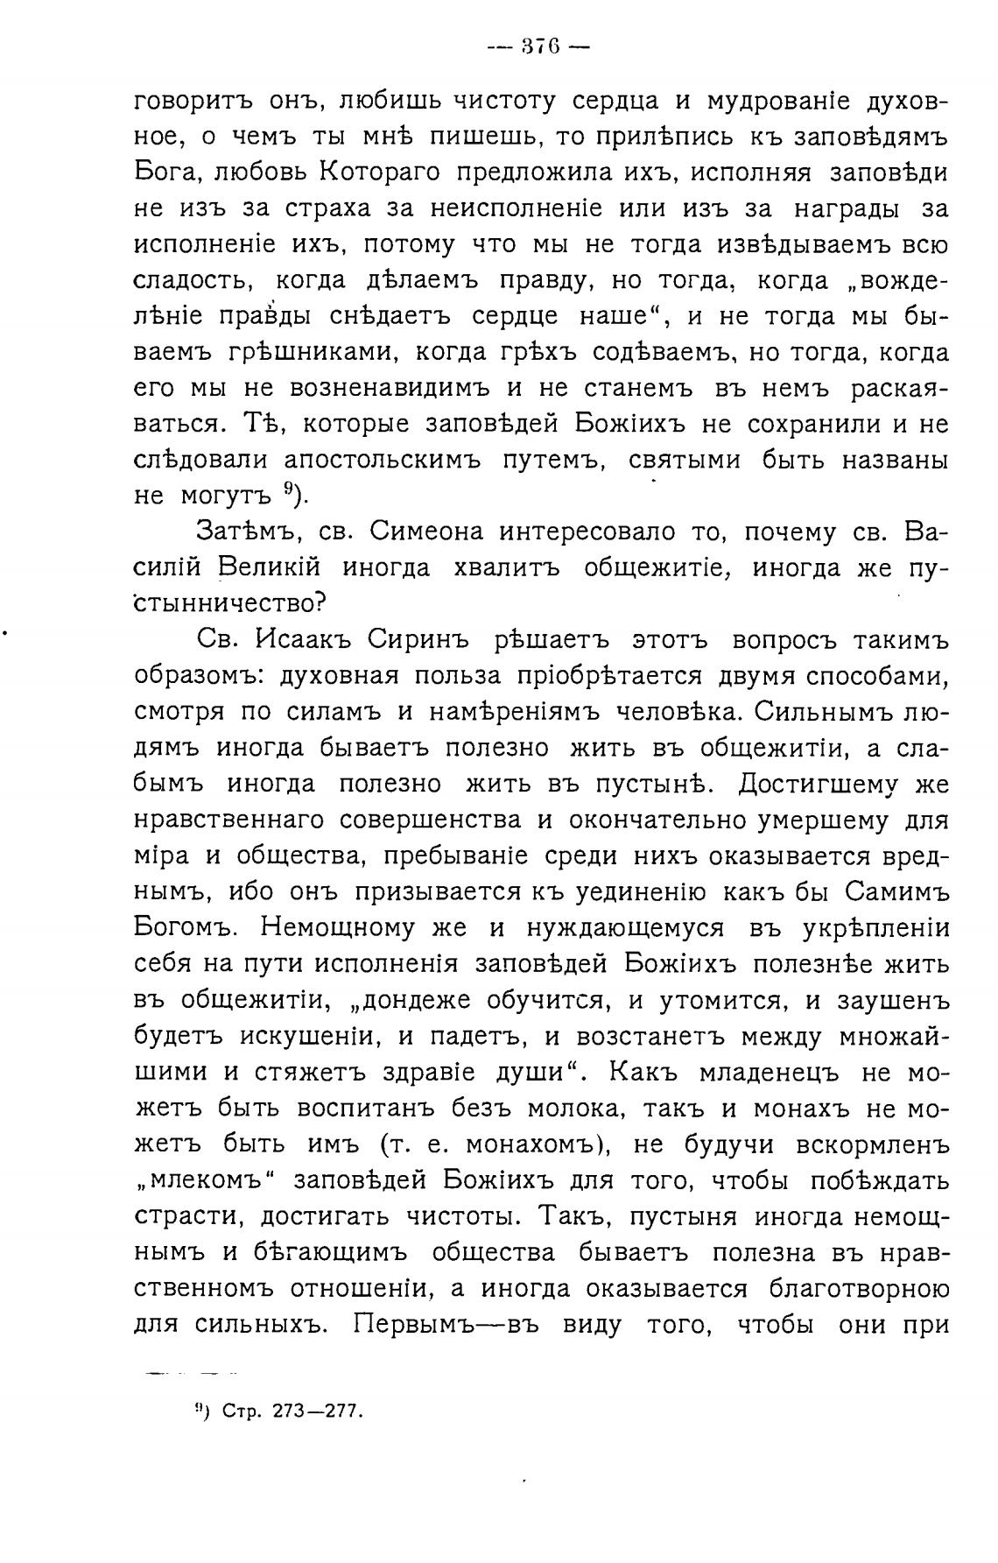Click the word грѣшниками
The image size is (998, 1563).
[x=303, y=352]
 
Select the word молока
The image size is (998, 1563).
[x=582, y=1108]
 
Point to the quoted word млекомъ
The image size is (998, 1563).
[x=203, y=1180]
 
